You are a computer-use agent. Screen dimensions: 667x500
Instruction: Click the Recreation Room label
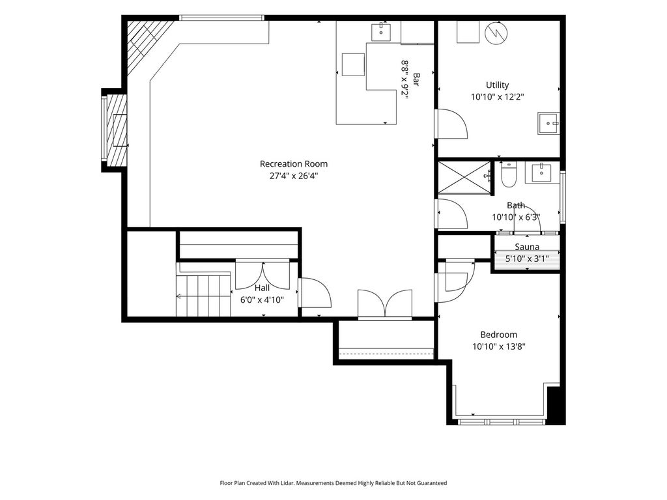[x=294, y=163]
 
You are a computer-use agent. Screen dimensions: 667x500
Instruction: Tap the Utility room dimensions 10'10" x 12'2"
[x=497, y=96]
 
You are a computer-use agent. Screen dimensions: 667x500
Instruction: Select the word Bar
[x=416, y=79]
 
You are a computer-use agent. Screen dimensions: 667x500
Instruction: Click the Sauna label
[x=527, y=247]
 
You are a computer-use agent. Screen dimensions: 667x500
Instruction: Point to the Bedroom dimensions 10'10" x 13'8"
[x=498, y=346]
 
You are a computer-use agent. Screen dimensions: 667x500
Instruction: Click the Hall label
[x=262, y=288]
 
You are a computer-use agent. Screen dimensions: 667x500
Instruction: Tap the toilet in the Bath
[x=508, y=174]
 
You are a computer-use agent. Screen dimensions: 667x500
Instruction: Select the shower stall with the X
[x=464, y=177]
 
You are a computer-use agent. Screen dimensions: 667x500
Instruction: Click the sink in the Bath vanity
[x=541, y=172]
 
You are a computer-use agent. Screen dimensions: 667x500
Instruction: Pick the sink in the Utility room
[x=548, y=123]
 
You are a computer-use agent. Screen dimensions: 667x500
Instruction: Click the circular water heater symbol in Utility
[x=496, y=33]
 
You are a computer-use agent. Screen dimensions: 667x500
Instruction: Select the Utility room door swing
[x=451, y=124]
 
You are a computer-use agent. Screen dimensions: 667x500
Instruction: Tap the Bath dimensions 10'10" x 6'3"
[x=517, y=217]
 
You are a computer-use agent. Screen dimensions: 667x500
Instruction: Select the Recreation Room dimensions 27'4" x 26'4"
[x=294, y=176]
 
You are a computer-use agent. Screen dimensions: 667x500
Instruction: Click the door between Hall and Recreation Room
[x=315, y=292]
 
